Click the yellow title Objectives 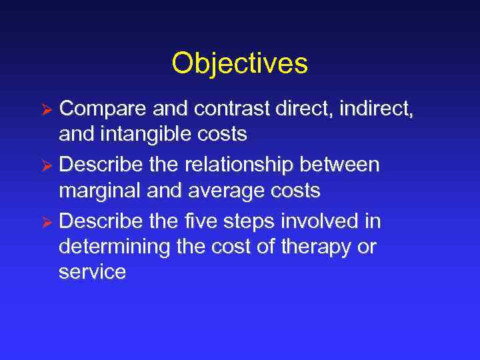coord(239,64)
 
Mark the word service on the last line coord(92,273)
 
